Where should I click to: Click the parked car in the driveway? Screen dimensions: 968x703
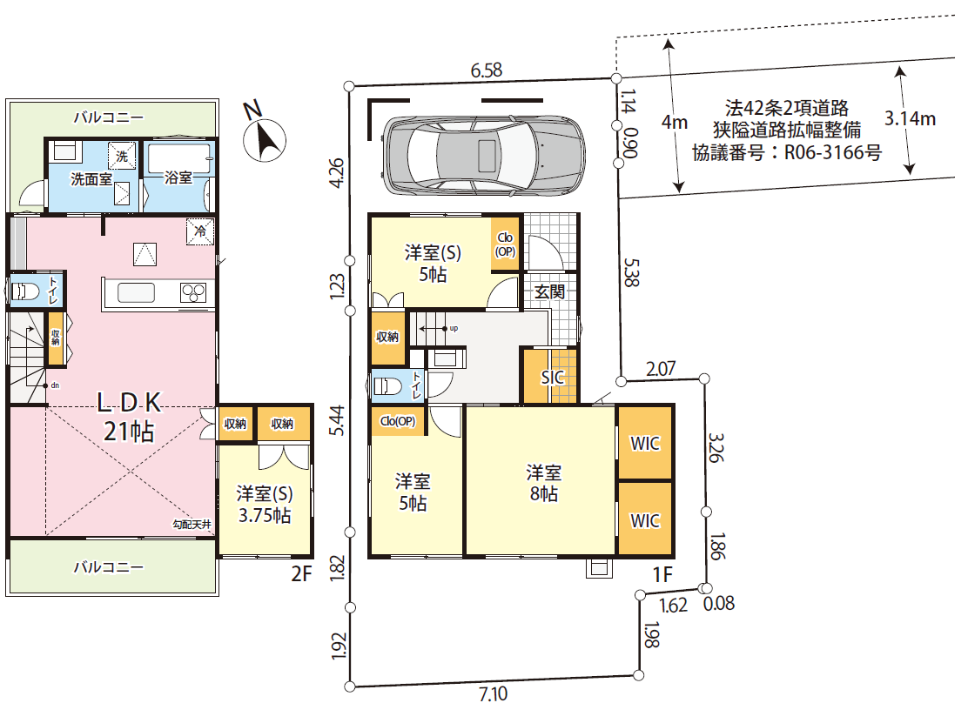click(x=483, y=155)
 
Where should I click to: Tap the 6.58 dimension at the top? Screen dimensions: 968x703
click(x=487, y=70)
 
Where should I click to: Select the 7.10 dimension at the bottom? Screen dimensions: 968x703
click(x=494, y=693)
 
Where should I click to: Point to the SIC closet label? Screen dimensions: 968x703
click(x=553, y=377)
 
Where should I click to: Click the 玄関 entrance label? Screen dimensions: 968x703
click(x=549, y=291)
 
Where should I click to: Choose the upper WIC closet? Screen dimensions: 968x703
click(x=645, y=443)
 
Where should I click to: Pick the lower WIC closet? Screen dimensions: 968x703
click(x=645, y=519)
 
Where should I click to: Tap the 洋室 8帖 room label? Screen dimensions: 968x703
click(x=544, y=483)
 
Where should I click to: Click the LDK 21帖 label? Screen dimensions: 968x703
click(x=129, y=417)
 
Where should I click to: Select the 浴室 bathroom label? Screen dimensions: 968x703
click(x=178, y=177)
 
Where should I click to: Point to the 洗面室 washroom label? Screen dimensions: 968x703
click(x=91, y=179)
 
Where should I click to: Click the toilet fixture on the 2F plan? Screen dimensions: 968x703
click(x=24, y=291)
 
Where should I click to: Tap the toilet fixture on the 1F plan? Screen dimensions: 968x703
click(x=387, y=386)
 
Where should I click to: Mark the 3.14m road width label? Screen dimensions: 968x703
click(x=910, y=117)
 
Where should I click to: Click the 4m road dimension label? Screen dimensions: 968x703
click(x=674, y=122)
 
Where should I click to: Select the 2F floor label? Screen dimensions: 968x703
click(x=302, y=574)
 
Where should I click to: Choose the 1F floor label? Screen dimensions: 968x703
click(x=662, y=574)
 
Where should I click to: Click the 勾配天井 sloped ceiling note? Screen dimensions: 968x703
click(x=192, y=525)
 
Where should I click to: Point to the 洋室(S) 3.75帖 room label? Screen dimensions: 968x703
click(x=265, y=505)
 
